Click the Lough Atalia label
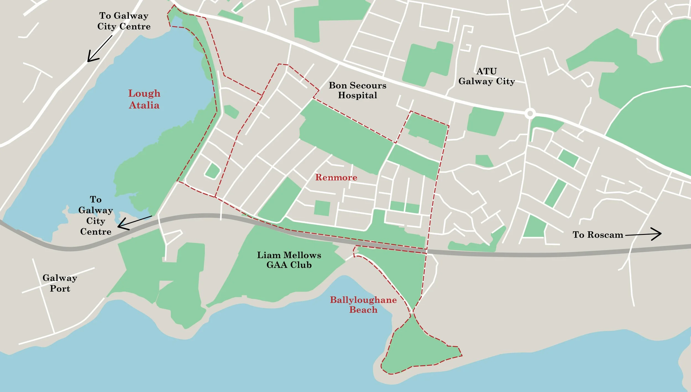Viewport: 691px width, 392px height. coord(144,99)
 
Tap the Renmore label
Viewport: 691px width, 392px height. coord(336,177)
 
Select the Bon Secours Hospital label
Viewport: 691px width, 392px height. coord(357,90)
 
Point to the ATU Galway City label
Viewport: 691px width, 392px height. coord(486,76)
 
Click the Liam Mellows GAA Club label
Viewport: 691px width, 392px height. coord(289,260)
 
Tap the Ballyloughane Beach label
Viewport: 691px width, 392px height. coord(363,305)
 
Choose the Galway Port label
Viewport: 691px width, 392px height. coord(60,283)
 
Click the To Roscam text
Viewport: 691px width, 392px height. coord(598,235)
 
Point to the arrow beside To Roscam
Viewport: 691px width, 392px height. coord(644,234)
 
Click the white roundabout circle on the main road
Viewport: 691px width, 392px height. coord(530,113)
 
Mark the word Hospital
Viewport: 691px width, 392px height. coord(357,95)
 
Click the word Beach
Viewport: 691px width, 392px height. coord(363,310)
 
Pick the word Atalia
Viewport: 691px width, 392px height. coord(144,105)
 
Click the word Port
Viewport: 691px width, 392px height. coord(60,289)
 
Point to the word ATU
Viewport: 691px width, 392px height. coord(486,71)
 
